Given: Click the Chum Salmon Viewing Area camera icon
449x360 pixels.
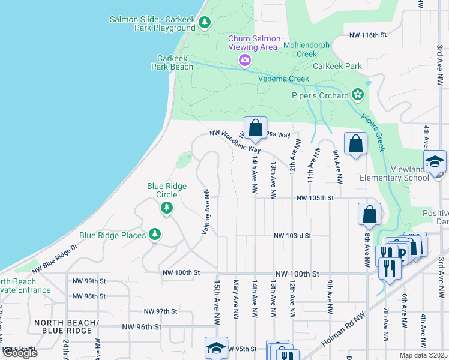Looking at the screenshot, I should [x=244, y=59].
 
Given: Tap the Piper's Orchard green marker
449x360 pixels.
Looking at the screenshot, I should [x=358, y=94].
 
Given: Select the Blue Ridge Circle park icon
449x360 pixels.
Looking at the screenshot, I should [x=166, y=208].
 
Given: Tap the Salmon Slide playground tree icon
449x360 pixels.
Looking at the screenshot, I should [x=205, y=23].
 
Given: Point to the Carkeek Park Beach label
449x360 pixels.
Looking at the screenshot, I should [x=175, y=62].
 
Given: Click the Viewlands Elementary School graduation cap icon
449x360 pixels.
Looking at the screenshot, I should [x=435, y=162].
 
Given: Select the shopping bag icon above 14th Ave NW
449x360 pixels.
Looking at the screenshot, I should [x=256, y=128].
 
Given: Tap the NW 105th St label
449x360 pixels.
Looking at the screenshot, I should [x=314, y=197].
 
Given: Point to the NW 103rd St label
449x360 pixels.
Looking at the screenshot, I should [x=292, y=236].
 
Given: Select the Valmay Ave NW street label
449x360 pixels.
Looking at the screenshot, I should [x=205, y=212].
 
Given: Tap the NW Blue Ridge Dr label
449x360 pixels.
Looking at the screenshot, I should [x=55, y=257].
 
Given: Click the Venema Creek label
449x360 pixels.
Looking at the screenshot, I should [x=283, y=79].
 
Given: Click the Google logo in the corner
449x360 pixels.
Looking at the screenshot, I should [x=20, y=353].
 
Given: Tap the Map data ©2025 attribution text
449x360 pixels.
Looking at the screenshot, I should [x=423, y=355].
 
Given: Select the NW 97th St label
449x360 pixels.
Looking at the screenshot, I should [x=161, y=311].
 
